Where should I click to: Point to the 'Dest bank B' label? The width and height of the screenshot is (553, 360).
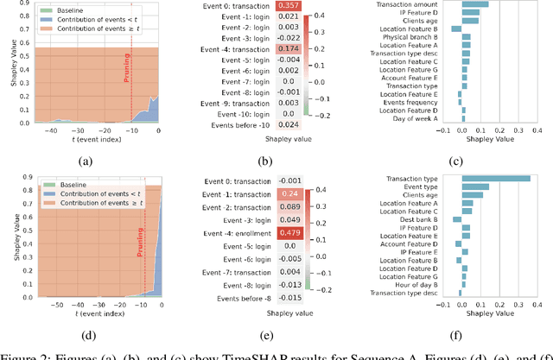[437, 219]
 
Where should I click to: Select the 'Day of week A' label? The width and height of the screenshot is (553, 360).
[435, 118]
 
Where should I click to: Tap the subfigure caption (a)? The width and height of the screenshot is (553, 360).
[85, 160]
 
